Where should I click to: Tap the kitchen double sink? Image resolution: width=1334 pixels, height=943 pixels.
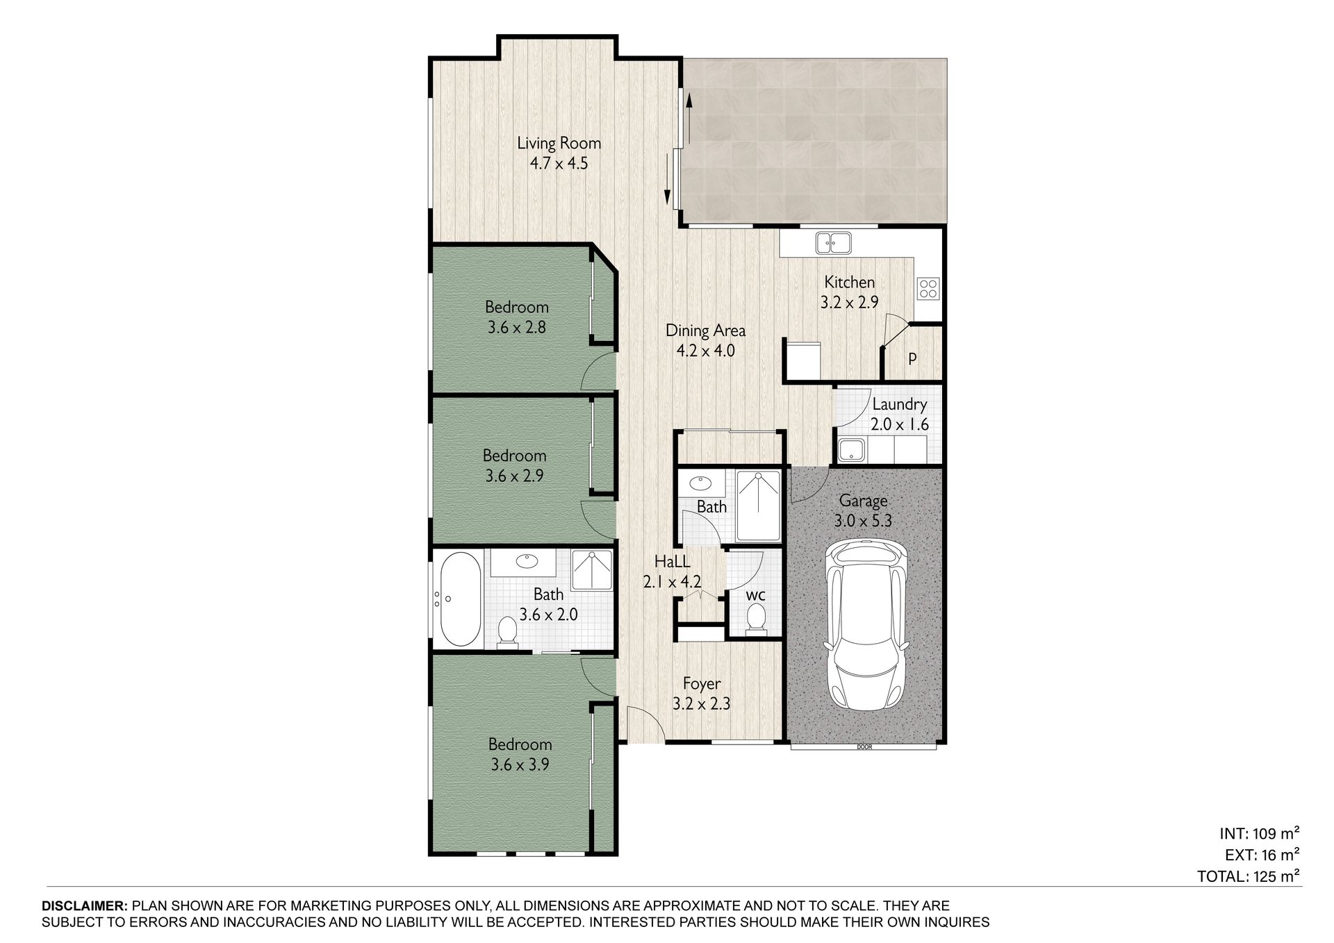tap(833, 243)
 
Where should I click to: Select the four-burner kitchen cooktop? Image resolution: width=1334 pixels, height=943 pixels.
tap(929, 288)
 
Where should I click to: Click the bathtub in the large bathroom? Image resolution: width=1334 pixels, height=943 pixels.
tap(459, 599)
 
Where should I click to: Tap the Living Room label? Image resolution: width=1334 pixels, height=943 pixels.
tap(559, 144)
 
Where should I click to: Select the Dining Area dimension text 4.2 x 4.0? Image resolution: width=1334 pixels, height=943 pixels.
tap(705, 351)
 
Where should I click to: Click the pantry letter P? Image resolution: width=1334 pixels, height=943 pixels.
tap(912, 359)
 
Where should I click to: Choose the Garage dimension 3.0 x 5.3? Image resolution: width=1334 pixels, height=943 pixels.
tap(863, 521)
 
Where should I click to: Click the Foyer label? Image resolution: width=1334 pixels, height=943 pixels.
tap(701, 684)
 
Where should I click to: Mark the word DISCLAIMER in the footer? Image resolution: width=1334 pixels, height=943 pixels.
tap(85, 906)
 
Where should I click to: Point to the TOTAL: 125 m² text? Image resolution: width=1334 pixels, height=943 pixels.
tap(1248, 876)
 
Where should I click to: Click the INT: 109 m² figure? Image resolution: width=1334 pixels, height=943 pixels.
tap(1259, 833)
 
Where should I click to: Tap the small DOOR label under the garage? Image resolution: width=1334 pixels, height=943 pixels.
tap(864, 747)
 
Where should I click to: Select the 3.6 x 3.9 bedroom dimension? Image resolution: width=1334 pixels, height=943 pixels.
tap(520, 765)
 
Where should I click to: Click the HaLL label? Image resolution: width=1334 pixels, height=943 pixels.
tap(672, 562)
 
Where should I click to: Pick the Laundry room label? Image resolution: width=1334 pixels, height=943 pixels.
tap(899, 405)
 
